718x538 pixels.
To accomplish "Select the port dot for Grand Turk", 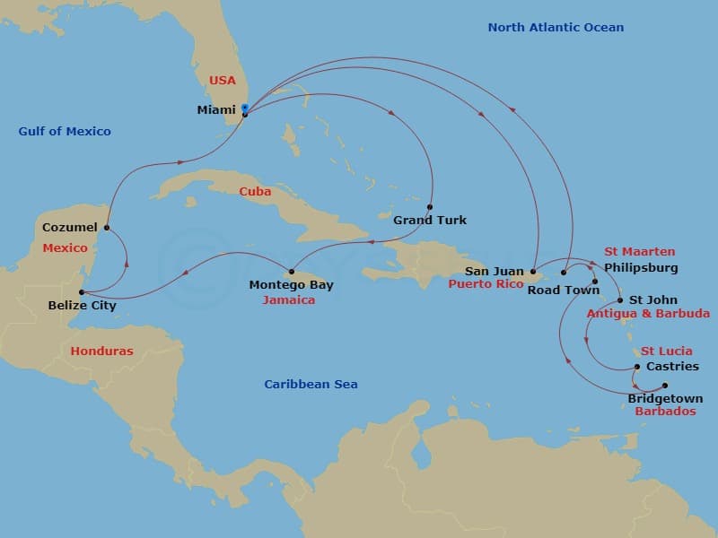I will tap(430, 206).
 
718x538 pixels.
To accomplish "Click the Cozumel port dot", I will tap(107, 227).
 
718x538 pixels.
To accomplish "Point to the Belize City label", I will tap(82, 306).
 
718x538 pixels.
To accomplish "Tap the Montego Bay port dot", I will tap(292, 272).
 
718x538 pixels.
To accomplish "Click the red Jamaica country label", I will tap(288, 300).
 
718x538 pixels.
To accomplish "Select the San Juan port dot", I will tap(532, 272).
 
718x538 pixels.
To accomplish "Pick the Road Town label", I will tap(556, 291).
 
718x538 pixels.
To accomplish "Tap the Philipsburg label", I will tap(641, 268).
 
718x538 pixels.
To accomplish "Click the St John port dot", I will tap(620, 300).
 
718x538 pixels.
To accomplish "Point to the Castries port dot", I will tap(637, 367).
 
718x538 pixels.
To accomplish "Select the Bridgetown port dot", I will tap(665, 386).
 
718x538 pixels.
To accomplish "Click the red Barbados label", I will tap(665, 412).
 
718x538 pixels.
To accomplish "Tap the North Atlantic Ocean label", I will tap(556, 28).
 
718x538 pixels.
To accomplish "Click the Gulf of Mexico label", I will tap(65, 132).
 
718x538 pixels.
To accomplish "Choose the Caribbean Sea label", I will tap(311, 385).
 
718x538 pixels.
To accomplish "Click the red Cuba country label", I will tap(255, 192).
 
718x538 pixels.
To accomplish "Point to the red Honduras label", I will tap(101, 351).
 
